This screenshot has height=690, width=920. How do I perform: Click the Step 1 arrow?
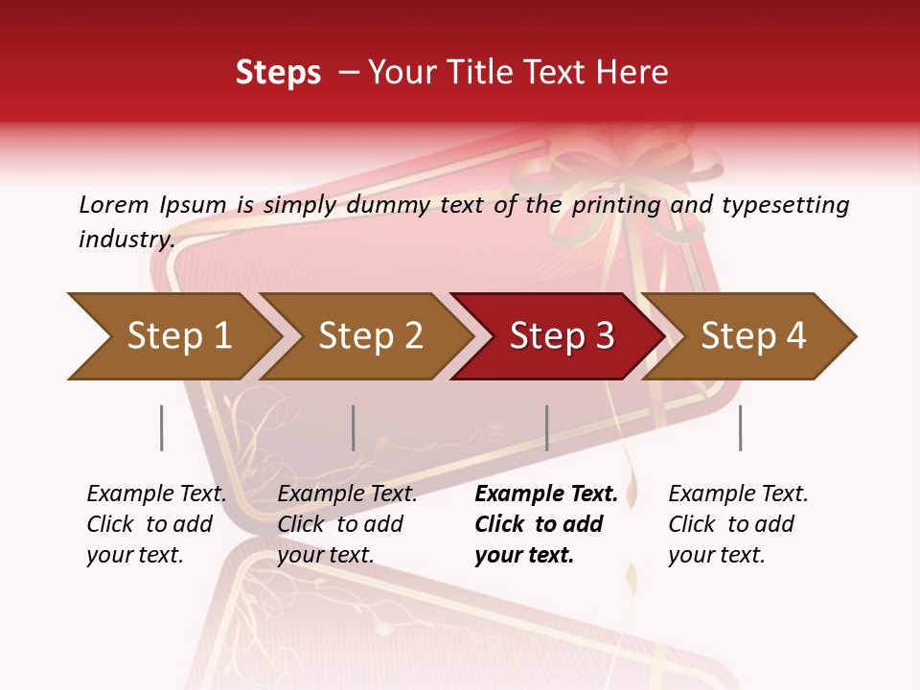click(178, 336)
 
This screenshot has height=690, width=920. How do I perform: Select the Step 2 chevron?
click(370, 336)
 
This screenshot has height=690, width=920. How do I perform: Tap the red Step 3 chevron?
click(562, 336)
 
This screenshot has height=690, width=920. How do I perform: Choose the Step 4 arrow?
click(753, 336)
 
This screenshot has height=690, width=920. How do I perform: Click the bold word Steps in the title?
click(278, 73)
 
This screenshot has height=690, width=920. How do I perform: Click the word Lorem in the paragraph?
click(114, 205)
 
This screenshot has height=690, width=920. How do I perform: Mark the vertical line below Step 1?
click(161, 427)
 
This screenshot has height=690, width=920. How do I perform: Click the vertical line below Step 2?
click(354, 427)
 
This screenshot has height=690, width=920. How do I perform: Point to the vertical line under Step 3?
click(546, 427)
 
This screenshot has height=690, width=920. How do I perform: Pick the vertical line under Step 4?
click(740, 427)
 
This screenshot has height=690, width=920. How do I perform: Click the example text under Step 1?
click(156, 524)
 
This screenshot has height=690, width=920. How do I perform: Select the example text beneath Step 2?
click(347, 524)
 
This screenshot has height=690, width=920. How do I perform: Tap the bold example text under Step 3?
click(545, 524)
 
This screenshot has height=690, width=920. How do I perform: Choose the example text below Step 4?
click(738, 524)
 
